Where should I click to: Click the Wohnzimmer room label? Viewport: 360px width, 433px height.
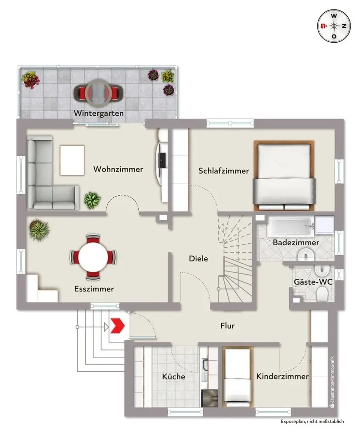pyautogui.click(x=118, y=169)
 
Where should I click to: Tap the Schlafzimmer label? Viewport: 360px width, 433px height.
pyautogui.click(x=224, y=171)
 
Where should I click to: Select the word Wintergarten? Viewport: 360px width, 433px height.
pyautogui.click(x=98, y=113)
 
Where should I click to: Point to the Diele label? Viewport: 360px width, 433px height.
pyautogui.click(x=198, y=258)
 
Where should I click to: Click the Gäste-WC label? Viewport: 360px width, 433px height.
pyautogui.click(x=313, y=282)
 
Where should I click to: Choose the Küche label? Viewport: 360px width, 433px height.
pyautogui.click(x=174, y=376)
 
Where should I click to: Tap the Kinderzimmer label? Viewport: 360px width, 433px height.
pyautogui.click(x=282, y=376)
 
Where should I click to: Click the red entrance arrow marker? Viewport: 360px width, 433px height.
pyautogui.click(x=117, y=326)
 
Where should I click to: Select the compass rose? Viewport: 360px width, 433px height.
pyautogui.click(x=334, y=26)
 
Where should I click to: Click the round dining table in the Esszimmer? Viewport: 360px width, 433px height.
pyautogui.click(x=93, y=257)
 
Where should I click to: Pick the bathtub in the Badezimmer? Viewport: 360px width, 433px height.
pyautogui.click(x=291, y=227)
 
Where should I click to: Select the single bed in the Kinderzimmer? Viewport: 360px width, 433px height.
pyautogui.click(x=238, y=376)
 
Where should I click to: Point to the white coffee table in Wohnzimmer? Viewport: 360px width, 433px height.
pyautogui.click(x=72, y=160)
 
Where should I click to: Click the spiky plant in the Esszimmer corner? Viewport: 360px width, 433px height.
pyautogui.click(x=39, y=230)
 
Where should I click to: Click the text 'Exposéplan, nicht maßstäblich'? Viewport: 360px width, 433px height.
pyautogui.click(x=312, y=421)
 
